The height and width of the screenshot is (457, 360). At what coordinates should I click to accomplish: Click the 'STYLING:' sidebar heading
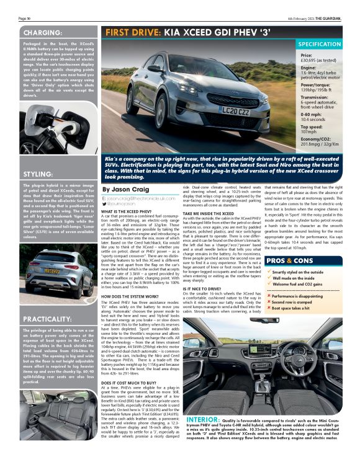click(x=41, y=174)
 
